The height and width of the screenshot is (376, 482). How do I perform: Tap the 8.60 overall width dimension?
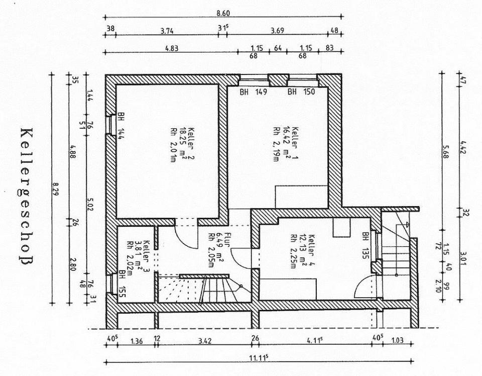[x=223, y=14]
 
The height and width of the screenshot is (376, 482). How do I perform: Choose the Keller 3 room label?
[x=138, y=256]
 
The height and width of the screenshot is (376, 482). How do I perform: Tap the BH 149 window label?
[x=253, y=92]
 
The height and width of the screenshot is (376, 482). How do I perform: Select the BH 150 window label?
[x=301, y=92]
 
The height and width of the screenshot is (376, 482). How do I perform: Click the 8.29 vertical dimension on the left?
[x=54, y=193]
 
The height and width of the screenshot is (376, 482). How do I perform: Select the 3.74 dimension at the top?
[x=167, y=31]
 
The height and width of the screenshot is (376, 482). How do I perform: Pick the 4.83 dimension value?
[x=172, y=48]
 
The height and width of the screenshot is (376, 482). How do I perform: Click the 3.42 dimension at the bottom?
[x=205, y=341]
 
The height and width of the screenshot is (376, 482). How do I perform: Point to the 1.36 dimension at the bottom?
[x=136, y=341]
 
